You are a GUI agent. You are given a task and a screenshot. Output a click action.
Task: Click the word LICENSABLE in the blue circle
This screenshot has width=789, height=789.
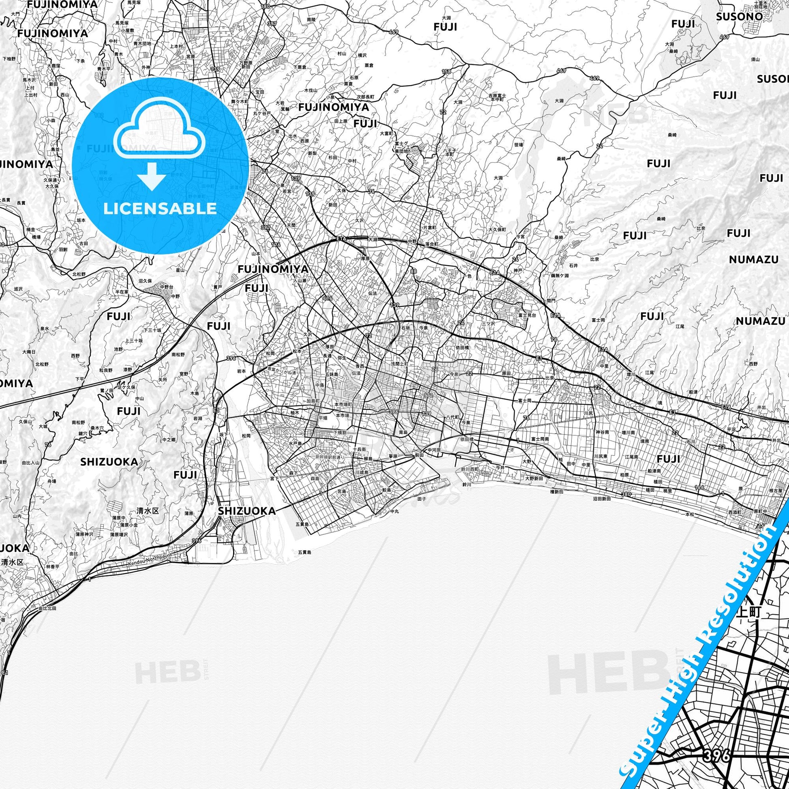tap(160, 208)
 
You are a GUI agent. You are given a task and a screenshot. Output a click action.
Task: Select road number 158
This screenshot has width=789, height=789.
tap(446, 72)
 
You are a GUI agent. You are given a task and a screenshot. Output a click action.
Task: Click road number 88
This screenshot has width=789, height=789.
tap(414, 272)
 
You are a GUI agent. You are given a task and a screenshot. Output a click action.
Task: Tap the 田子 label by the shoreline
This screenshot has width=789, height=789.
tap(422, 499)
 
